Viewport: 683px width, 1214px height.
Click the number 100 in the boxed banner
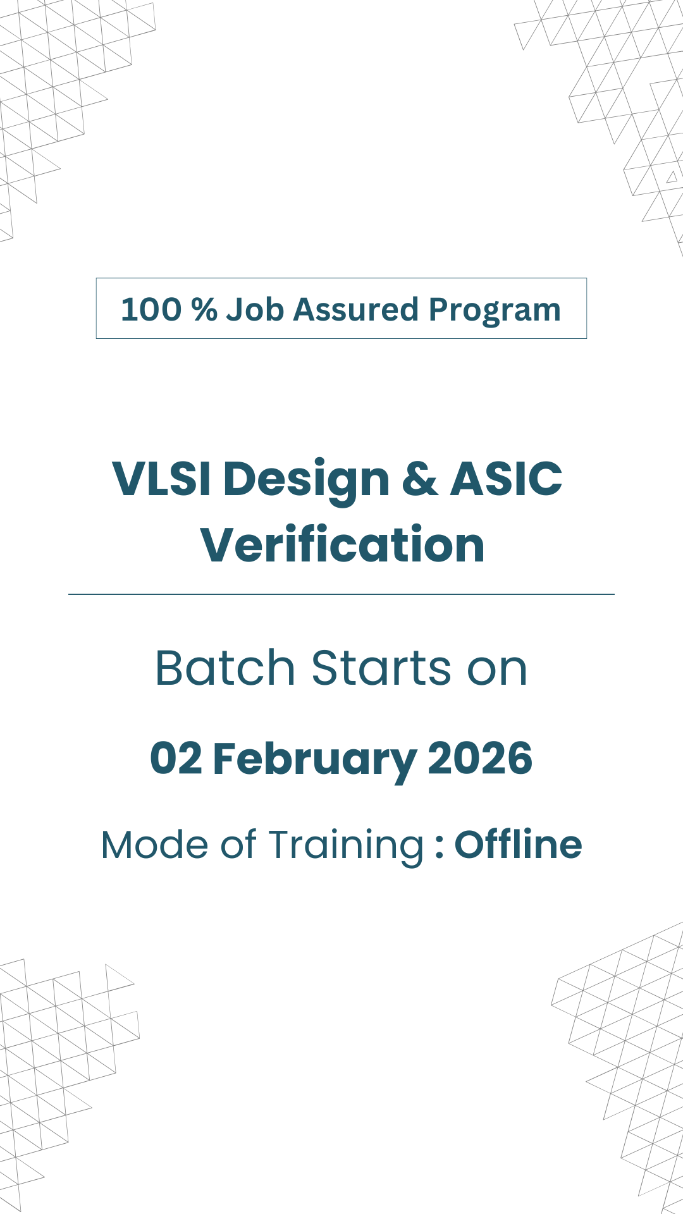coord(151,310)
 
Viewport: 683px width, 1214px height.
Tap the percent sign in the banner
coord(204,310)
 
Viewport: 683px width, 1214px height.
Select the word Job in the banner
coord(255,310)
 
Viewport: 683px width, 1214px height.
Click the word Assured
coord(356,310)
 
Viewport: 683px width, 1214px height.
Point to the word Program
coord(495,312)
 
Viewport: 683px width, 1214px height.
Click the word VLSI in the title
coord(161,479)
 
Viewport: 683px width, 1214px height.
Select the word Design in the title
coord(307,482)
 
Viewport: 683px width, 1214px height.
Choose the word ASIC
coord(506,479)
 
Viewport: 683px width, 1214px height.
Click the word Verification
coord(343,544)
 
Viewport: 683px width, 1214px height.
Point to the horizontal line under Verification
coord(341,594)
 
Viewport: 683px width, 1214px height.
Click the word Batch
coord(225,668)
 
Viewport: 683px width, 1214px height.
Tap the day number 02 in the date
coord(176,758)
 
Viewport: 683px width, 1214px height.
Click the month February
coord(315,761)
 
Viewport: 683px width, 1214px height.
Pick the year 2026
coord(480,758)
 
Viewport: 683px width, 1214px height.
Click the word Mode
coord(154,845)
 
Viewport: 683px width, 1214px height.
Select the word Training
coord(346,847)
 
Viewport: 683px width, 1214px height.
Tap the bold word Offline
coord(518,845)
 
